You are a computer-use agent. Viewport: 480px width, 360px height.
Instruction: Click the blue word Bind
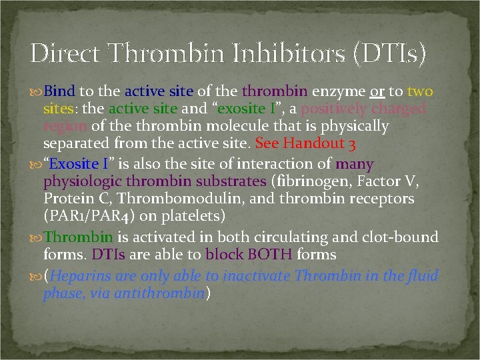(61, 91)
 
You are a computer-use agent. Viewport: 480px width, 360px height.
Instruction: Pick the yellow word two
(420, 91)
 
